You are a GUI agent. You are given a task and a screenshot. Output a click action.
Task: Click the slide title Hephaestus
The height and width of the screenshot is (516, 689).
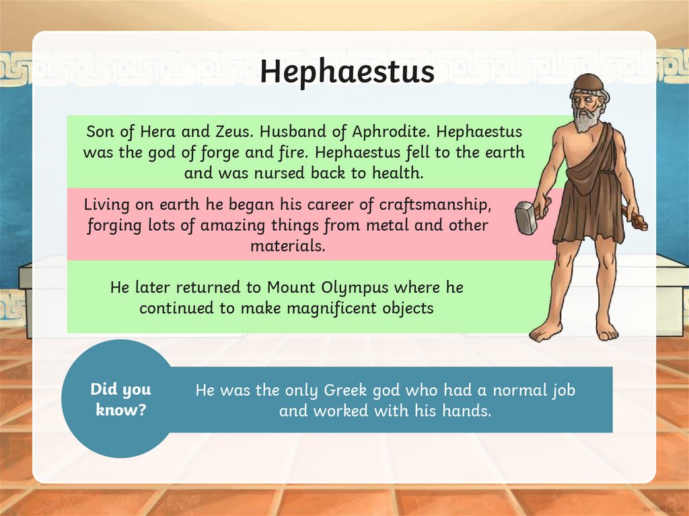coord(347,72)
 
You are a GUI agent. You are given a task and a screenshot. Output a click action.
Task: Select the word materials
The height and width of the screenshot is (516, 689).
coord(287,246)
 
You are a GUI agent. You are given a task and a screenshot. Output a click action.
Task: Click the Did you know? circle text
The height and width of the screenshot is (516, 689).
coord(121,399)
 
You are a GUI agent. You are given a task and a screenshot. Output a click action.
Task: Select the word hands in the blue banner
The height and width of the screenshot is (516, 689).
coord(466,410)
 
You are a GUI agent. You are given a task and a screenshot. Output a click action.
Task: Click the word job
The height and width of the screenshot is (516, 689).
coord(562,390)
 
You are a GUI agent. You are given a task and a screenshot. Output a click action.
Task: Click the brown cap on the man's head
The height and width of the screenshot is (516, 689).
coord(588,82)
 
